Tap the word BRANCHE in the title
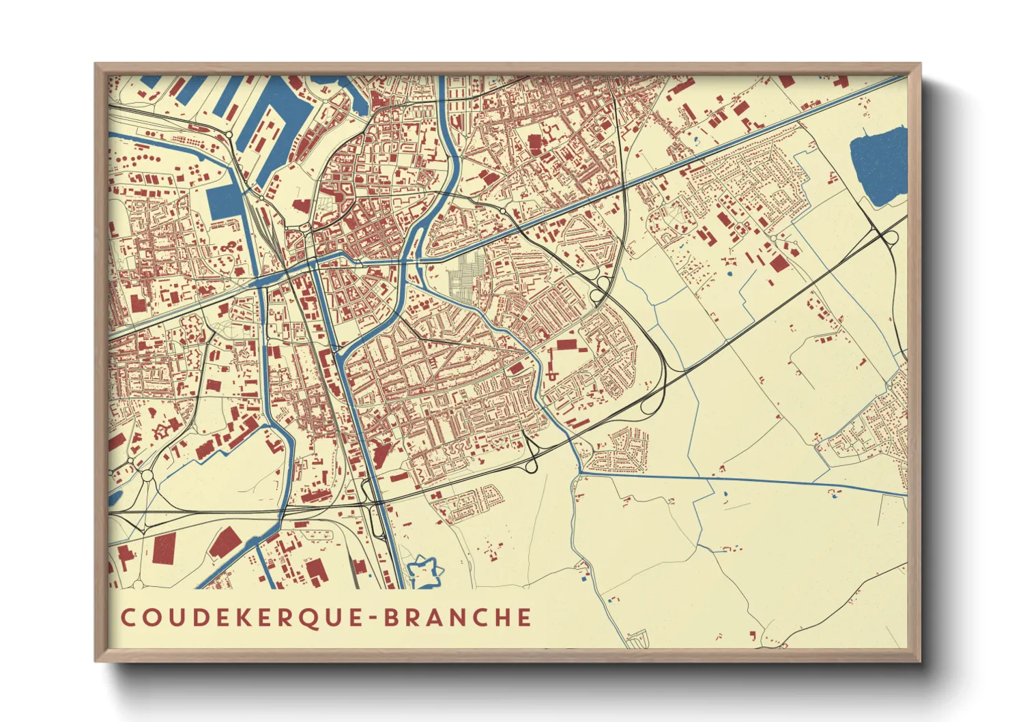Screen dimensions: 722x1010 coord(457,617)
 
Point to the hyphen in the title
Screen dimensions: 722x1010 coord(373,618)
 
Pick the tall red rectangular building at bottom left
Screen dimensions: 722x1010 coord(164,549)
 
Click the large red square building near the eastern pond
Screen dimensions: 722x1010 coord(777,263)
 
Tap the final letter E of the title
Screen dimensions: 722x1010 coord(524,617)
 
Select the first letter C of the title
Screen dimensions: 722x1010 coord(128,617)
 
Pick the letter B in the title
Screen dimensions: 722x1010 coord(390,617)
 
